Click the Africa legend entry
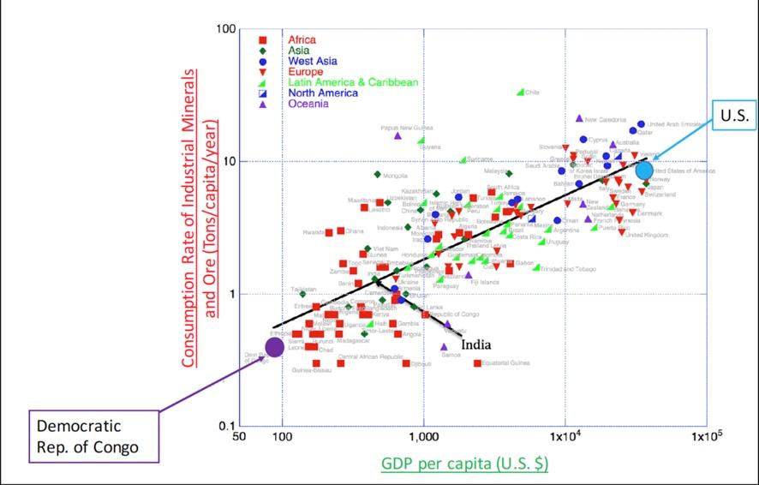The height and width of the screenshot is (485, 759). pos(302,39)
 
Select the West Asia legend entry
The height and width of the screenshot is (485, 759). pos(313,61)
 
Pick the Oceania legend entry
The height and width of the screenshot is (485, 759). pos(308,104)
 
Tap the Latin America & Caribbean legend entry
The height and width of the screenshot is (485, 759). pos(353,82)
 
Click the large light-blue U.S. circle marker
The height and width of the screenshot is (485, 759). pos(644,171)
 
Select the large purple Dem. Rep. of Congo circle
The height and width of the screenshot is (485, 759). pos(274,347)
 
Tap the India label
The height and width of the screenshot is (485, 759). pos(475,344)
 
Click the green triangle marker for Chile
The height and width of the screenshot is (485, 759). pos(520,93)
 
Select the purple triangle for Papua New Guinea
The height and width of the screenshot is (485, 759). pos(397,135)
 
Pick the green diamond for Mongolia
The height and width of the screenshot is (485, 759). pos(377,175)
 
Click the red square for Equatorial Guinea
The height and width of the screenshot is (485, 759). pos(477,363)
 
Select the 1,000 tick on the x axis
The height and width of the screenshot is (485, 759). pos(423,438)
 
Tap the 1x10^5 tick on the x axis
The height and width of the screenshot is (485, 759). pos(703,438)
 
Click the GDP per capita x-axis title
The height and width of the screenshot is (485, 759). pos(464,464)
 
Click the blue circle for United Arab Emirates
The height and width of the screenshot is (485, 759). pos(641,124)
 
